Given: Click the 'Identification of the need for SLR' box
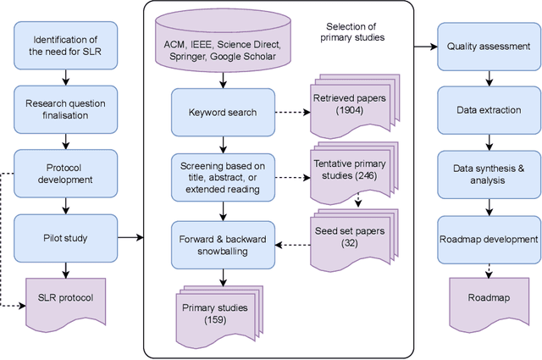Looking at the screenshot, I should [64, 46].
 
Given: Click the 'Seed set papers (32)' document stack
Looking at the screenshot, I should [349, 235].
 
